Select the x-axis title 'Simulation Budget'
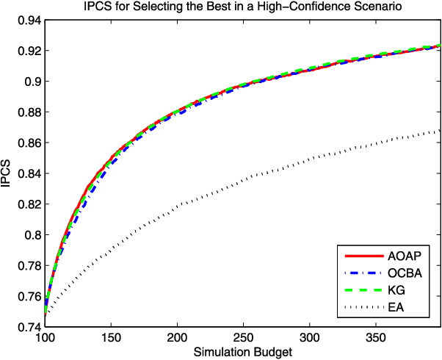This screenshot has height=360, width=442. click(x=243, y=353)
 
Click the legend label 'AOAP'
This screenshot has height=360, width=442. click(x=402, y=256)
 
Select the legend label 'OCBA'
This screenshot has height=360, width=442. click(x=402, y=273)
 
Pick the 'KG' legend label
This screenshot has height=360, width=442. click(x=395, y=291)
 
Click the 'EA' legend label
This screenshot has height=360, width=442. click(x=394, y=308)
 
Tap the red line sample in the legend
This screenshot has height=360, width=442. click(x=362, y=256)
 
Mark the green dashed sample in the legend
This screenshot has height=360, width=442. click(x=362, y=291)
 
